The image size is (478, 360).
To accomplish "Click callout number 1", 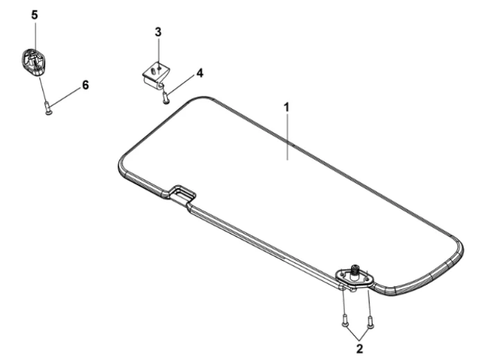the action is click(287, 108).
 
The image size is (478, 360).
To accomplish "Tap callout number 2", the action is click(360, 349).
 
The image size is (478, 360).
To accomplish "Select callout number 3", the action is click(158, 32).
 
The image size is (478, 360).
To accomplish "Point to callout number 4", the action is click(199, 73).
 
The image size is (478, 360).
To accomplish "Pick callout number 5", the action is click(35, 15).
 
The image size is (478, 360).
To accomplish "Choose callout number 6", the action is click(85, 85).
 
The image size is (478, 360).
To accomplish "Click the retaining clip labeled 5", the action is click(33, 62).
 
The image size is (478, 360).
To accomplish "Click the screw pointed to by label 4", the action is click(166, 98).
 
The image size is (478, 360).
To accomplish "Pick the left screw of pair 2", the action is click(345, 321).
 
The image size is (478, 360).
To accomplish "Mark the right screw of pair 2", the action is click(370, 322).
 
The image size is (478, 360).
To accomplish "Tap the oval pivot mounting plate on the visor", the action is click(355, 277).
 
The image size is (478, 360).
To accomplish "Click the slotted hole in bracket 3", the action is click(153, 71).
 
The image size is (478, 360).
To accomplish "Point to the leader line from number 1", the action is click(287, 136).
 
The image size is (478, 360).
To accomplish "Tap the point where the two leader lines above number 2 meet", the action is click(360, 341).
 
